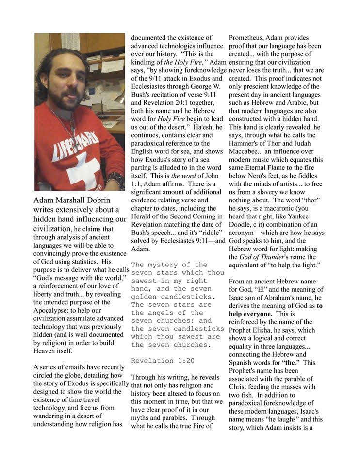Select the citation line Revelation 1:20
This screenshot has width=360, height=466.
[159, 361]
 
